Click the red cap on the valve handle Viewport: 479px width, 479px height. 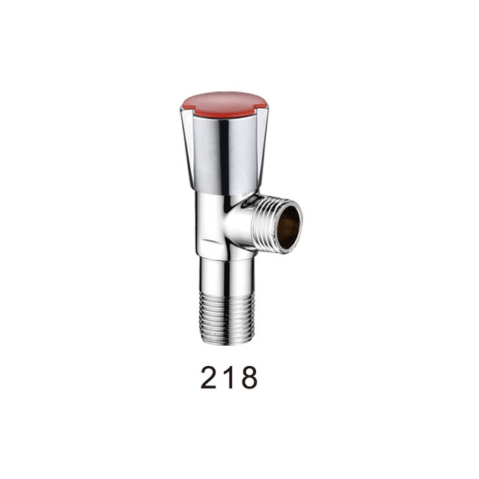224,105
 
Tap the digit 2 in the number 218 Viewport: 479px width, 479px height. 210,377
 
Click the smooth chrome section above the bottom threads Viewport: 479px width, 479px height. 227,275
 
